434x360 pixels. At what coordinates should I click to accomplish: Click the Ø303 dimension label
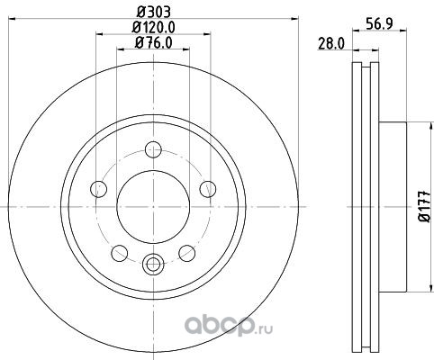[x=154, y=13]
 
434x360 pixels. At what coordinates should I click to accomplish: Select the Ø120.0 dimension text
[x=154, y=27]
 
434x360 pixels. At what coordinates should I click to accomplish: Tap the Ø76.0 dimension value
[x=154, y=43]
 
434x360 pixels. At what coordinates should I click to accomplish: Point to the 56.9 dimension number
[x=379, y=23]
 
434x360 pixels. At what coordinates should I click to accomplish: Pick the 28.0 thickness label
[x=330, y=44]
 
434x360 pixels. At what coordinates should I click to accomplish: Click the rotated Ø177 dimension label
[x=425, y=207]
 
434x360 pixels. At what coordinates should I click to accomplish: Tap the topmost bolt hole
[x=153, y=149]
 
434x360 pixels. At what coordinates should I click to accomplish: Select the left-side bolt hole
[x=99, y=189]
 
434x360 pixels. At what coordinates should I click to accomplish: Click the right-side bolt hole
[x=208, y=189]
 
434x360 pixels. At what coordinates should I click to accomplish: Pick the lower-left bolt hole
[x=120, y=253]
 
